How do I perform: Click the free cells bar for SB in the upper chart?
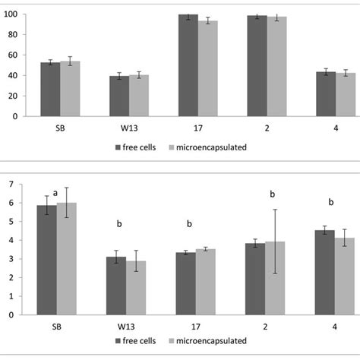pyautogui.click(x=50, y=89)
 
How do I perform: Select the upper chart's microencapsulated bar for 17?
pyautogui.click(x=207, y=68)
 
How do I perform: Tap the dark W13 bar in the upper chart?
pyautogui.click(x=117, y=96)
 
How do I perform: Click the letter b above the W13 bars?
pyautogui.click(x=118, y=224)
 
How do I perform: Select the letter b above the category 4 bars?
pyautogui.click(x=331, y=202)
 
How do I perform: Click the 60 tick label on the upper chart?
pyautogui.click(x=21, y=55)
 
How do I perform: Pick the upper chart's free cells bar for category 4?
pyautogui.click(x=326, y=94)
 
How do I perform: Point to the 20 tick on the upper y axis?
pyautogui.click(x=21, y=96)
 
